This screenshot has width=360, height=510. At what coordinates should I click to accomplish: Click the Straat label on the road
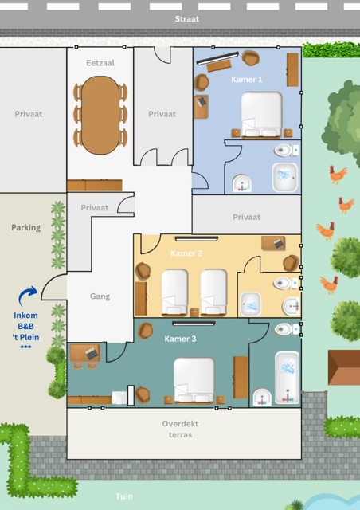click(186, 19)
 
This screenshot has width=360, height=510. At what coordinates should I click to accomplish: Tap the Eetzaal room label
click(100, 63)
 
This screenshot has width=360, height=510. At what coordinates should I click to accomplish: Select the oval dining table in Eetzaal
click(100, 115)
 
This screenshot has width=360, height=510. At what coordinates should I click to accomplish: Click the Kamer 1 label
click(246, 80)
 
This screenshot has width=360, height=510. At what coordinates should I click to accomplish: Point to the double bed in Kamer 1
click(261, 115)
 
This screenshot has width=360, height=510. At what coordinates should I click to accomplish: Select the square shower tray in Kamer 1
click(285, 177)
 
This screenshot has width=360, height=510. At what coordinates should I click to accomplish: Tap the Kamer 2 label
click(186, 253)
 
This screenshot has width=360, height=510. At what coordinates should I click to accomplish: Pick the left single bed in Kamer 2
click(174, 292)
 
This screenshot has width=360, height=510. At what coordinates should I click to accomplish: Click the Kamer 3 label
click(180, 339)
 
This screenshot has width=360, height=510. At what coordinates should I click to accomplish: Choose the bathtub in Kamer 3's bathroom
click(287, 377)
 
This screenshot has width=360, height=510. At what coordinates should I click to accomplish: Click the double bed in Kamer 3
click(194, 380)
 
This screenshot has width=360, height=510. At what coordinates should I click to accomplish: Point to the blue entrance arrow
click(26, 294)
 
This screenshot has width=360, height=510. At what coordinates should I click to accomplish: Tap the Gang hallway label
click(100, 296)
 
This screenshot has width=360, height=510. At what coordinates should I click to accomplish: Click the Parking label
click(26, 227)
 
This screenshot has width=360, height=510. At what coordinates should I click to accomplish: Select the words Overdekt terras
click(180, 429)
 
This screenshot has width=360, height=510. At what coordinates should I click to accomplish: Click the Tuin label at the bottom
click(124, 496)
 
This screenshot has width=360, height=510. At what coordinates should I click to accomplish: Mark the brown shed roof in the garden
click(344, 367)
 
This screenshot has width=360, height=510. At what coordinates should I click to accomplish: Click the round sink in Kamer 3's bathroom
click(262, 397)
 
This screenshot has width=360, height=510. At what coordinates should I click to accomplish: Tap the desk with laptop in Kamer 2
click(273, 243)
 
